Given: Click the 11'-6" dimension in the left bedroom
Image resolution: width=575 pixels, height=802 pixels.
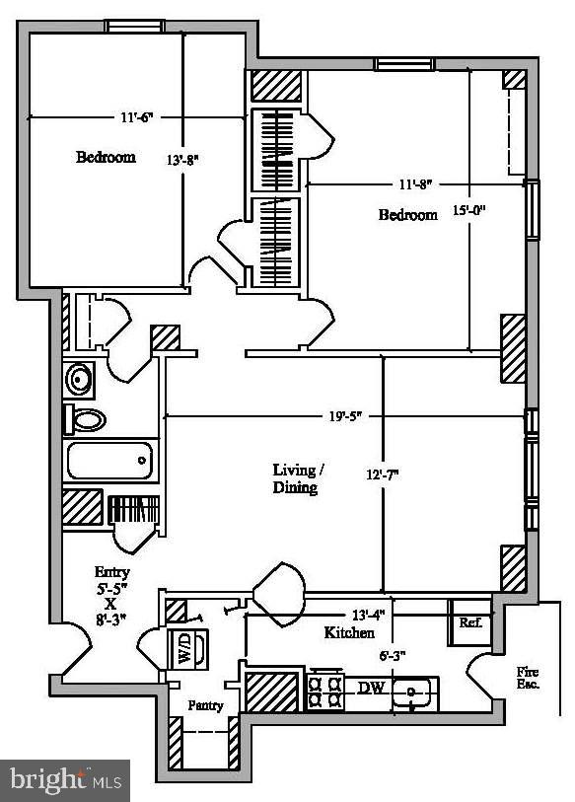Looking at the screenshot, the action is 136,117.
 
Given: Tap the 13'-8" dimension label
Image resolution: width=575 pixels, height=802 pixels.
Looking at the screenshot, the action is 182,160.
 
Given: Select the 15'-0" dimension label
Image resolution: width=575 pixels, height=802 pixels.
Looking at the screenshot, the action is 468,209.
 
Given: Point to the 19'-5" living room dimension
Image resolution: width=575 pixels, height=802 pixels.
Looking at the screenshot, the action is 345,416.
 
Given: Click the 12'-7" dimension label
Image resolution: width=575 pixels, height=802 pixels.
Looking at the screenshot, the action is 382,474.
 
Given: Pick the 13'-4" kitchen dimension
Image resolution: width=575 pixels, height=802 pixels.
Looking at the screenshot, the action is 368,615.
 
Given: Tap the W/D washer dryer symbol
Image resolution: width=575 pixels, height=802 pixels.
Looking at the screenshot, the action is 187,649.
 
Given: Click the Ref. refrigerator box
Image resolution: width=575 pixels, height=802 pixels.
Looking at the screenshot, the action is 470,622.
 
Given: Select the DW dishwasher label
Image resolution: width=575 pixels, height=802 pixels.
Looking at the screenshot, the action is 371,688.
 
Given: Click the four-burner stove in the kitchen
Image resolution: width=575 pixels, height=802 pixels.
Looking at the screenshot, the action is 324,690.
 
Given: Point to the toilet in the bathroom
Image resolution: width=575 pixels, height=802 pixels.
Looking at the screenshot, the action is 85,419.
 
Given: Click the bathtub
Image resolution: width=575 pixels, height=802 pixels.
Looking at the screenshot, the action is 110,461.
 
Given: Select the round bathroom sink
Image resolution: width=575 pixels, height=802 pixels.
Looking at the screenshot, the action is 79,380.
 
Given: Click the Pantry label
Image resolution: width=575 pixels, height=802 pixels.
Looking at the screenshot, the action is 206,706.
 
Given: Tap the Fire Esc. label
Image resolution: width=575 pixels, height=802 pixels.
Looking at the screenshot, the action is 528,678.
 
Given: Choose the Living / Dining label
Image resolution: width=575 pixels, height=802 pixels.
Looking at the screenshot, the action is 297,478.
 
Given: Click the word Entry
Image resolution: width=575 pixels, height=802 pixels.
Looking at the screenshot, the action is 112,572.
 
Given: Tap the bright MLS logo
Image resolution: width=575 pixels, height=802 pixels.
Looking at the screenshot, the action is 65,780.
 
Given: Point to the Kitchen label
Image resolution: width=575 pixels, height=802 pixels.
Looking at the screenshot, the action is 349,632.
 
